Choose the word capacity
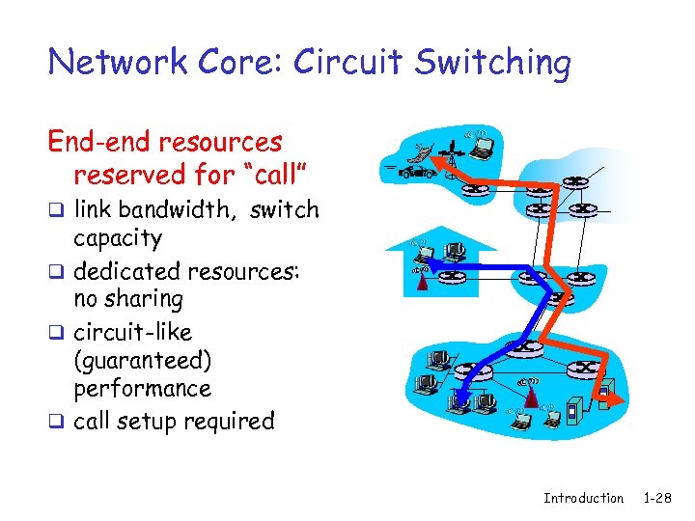(118, 237)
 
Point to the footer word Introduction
(583, 498)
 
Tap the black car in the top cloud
(416, 173)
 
